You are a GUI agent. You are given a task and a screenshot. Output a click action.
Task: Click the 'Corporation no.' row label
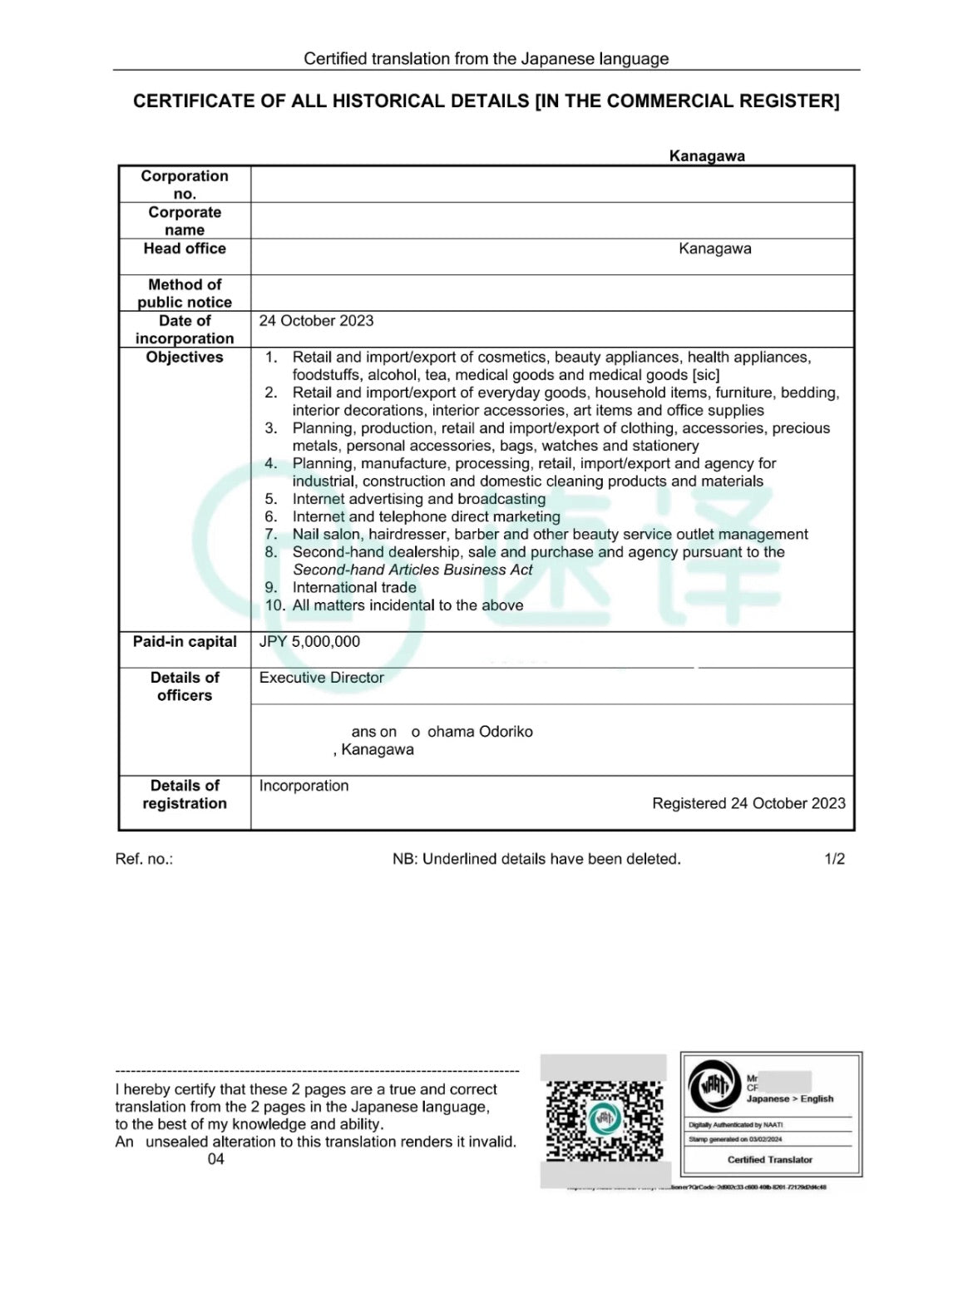click(185, 185)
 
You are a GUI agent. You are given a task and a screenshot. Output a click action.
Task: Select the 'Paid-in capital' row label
click(185, 642)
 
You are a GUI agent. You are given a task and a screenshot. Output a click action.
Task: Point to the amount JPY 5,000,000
click(309, 642)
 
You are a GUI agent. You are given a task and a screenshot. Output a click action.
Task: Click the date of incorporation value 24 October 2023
click(316, 321)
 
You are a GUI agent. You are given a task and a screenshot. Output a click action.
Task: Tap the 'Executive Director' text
click(321, 678)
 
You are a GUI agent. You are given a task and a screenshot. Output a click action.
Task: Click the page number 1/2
click(834, 859)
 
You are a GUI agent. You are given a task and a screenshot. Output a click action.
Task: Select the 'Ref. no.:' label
click(144, 859)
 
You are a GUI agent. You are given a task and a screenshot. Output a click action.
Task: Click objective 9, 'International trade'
click(353, 588)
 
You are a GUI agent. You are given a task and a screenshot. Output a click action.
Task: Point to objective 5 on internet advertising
click(418, 499)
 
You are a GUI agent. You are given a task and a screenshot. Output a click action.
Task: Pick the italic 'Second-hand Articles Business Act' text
click(412, 570)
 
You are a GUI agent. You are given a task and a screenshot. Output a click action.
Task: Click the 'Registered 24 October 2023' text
click(748, 803)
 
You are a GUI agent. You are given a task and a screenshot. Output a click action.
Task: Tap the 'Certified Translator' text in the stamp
click(769, 1159)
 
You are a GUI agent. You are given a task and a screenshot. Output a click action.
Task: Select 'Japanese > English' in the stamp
click(789, 1098)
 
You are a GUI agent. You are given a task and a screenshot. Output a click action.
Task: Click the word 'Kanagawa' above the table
click(707, 156)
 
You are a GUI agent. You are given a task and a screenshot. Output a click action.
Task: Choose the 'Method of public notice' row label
click(185, 294)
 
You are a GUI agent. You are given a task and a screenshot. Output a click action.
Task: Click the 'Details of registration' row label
click(185, 794)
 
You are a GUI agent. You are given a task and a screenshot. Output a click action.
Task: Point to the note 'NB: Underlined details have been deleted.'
click(536, 859)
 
